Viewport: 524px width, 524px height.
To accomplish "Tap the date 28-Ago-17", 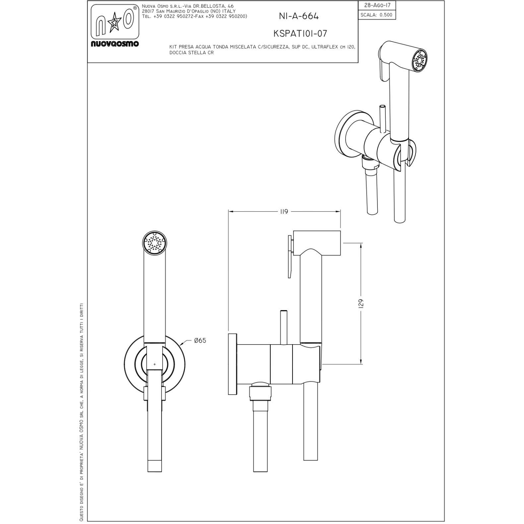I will point(377,6).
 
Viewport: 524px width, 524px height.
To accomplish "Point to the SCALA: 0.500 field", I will point(377,15).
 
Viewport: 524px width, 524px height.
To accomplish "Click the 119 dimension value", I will point(284,212).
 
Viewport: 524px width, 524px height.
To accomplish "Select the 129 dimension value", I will point(361,303).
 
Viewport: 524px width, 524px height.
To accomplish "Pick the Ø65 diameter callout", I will point(200,340).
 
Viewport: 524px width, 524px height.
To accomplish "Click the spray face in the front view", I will point(155,244).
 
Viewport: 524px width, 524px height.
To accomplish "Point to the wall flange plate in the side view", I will point(232,363).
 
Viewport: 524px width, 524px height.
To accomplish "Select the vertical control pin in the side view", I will point(284,328).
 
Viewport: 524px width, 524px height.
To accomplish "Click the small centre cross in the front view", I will point(155,364).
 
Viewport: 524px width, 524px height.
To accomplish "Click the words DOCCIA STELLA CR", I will point(191,53).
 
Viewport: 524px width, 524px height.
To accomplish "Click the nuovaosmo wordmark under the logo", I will point(115,43).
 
